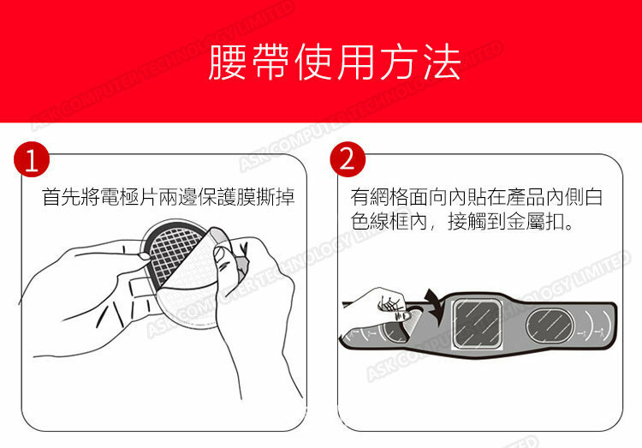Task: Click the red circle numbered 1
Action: (x=32, y=159)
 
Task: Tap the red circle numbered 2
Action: (x=348, y=159)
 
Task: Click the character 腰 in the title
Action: (x=228, y=63)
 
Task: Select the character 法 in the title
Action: (x=442, y=63)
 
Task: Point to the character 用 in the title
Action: (x=356, y=63)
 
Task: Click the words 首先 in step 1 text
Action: (x=62, y=197)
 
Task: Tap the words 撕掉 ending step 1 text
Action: (x=276, y=197)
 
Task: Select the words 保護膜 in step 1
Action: (x=227, y=197)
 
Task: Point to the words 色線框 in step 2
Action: (x=379, y=222)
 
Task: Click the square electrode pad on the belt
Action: (x=477, y=324)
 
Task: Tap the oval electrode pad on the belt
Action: (x=550, y=326)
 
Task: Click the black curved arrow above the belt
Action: (x=434, y=306)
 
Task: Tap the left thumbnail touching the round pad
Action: (x=144, y=257)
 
